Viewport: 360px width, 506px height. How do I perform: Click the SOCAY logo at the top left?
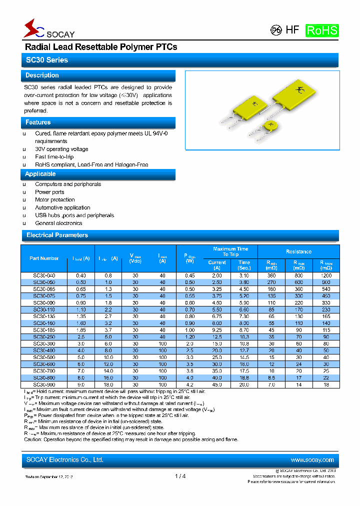tap(48, 29)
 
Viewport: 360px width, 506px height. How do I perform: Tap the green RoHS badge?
tap(322, 30)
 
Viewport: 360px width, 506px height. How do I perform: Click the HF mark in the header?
tap(292, 30)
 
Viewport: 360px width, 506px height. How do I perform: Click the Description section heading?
tap(42, 75)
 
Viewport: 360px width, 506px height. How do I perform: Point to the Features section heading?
tap(38, 122)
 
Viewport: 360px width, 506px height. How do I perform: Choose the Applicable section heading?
tap(40, 174)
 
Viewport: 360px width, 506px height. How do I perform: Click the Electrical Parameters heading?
tap(57, 235)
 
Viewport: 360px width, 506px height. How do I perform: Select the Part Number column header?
tap(44, 258)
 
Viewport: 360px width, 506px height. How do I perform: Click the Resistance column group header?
tap(298, 251)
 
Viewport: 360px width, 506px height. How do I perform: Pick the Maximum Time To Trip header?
tap(230, 251)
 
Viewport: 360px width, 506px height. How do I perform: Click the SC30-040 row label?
tap(44, 275)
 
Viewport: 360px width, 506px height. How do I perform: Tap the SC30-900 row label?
tap(44, 384)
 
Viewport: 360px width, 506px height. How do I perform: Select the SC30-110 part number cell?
tap(44, 309)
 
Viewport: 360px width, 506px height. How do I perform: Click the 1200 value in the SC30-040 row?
tap(326, 275)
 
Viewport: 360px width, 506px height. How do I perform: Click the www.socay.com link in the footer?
tap(312, 460)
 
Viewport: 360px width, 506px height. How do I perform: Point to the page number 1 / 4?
tap(180, 476)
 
